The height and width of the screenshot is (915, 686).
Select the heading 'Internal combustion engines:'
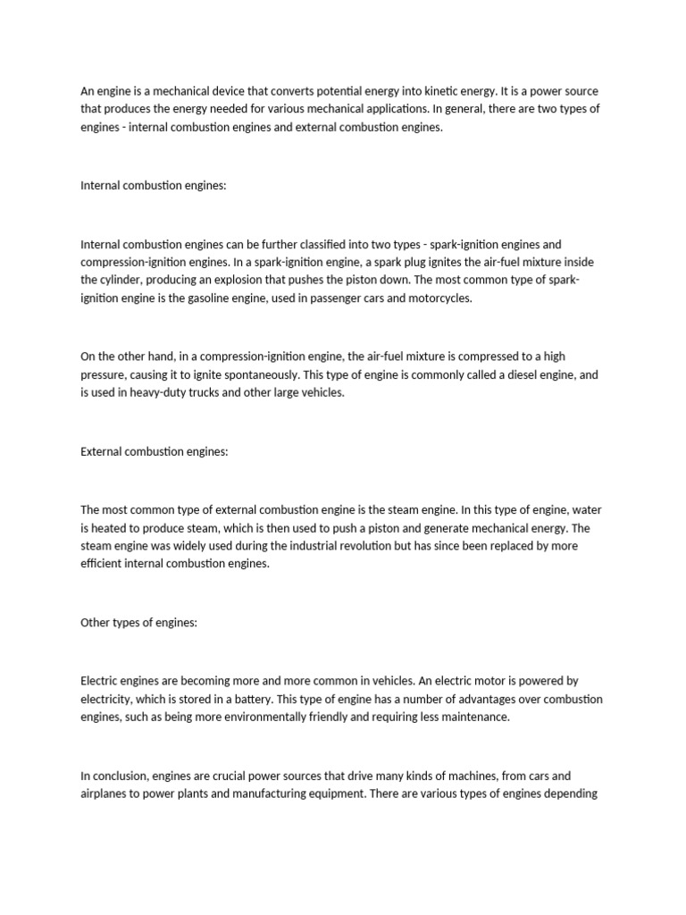pyautogui.click(x=154, y=186)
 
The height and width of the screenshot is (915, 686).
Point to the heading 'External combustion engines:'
pyautogui.click(x=155, y=451)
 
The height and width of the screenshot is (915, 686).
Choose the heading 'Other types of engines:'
pyautogui.click(x=138, y=623)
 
